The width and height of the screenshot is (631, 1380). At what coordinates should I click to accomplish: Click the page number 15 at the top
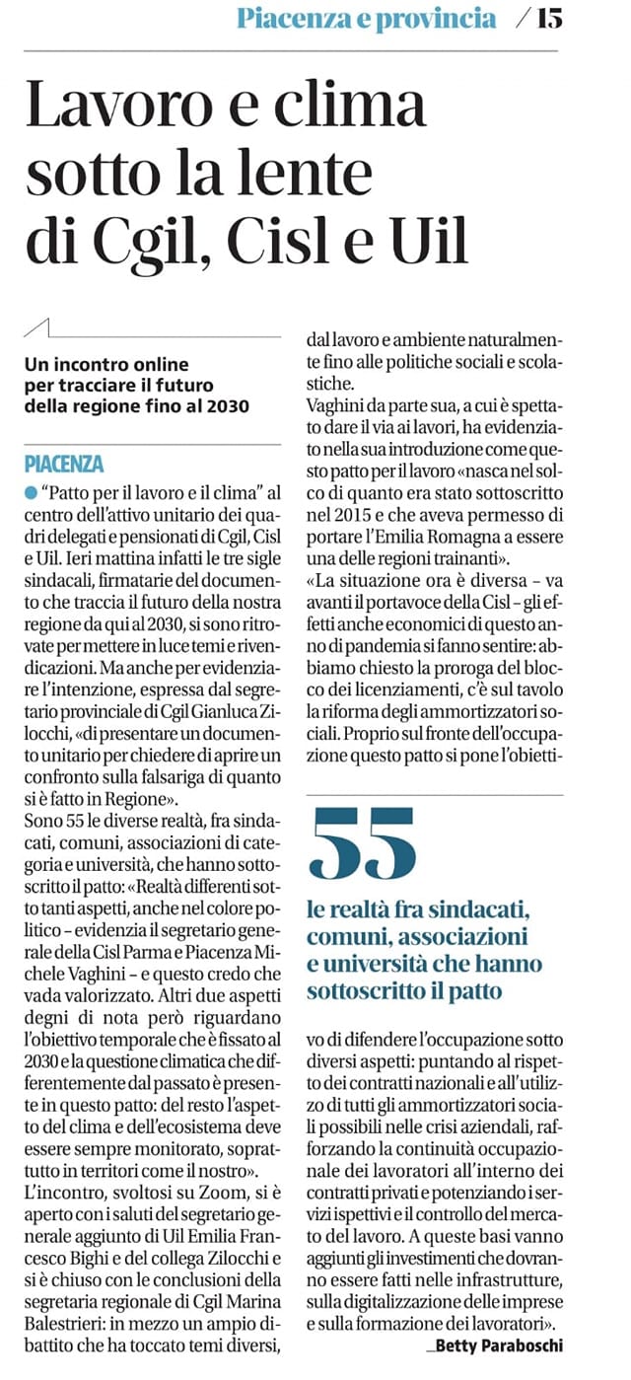[x=549, y=19]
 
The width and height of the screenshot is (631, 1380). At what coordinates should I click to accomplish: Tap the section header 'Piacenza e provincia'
[x=366, y=19]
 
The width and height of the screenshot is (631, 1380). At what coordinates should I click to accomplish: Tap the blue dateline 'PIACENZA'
[x=64, y=464]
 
